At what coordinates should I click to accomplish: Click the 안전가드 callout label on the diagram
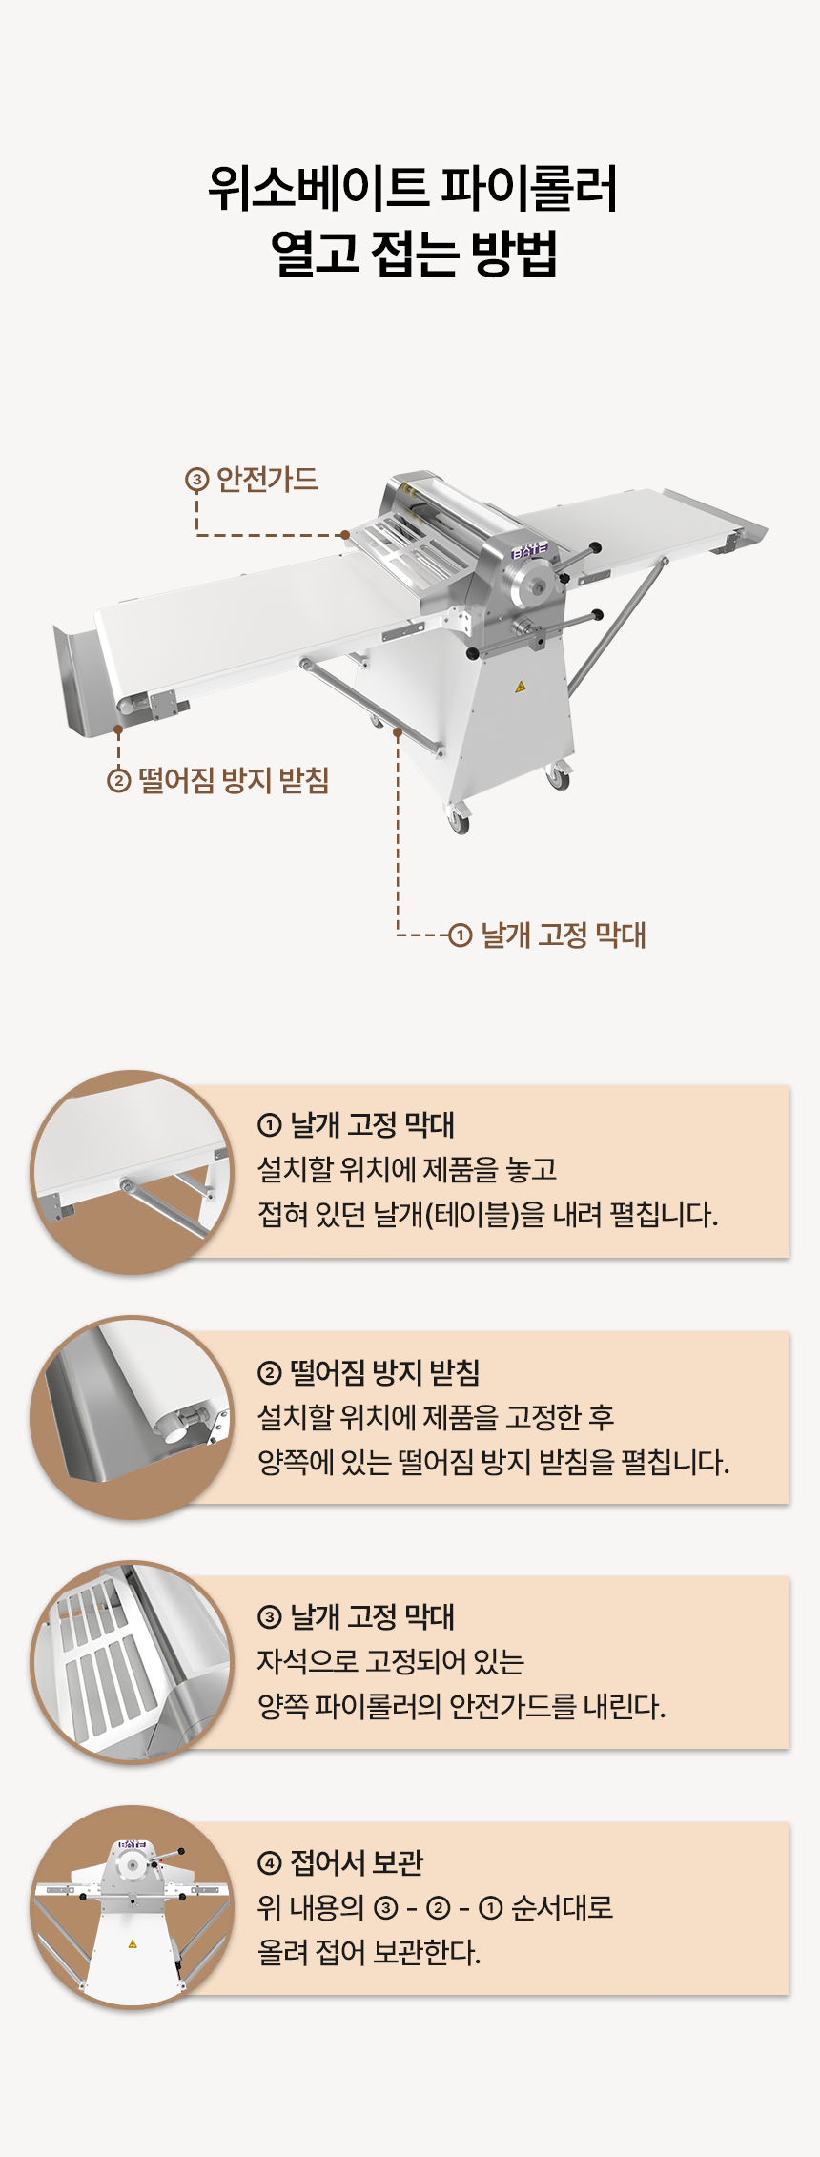(267, 479)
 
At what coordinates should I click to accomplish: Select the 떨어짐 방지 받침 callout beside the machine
(234, 780)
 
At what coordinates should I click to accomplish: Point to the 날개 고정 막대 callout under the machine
(563, 935)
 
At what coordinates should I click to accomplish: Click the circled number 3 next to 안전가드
(196, 480)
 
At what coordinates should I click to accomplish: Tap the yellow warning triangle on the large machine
(520, 687)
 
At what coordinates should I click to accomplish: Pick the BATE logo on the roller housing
(529, 551)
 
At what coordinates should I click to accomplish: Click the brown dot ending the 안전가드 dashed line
(345, 535)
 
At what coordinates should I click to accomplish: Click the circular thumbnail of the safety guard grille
(132, 1662)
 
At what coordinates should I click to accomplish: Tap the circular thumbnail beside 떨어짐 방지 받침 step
(132, 1417)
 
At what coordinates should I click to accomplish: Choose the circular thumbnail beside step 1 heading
(132, 1172)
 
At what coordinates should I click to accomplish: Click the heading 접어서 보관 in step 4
(356, 1862)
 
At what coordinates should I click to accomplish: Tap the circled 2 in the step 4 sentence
(438, 1908)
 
